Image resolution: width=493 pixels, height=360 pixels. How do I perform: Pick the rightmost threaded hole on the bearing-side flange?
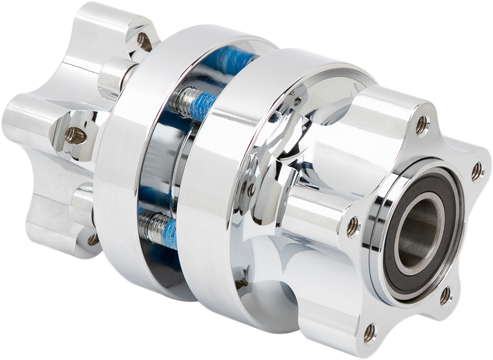477,172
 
